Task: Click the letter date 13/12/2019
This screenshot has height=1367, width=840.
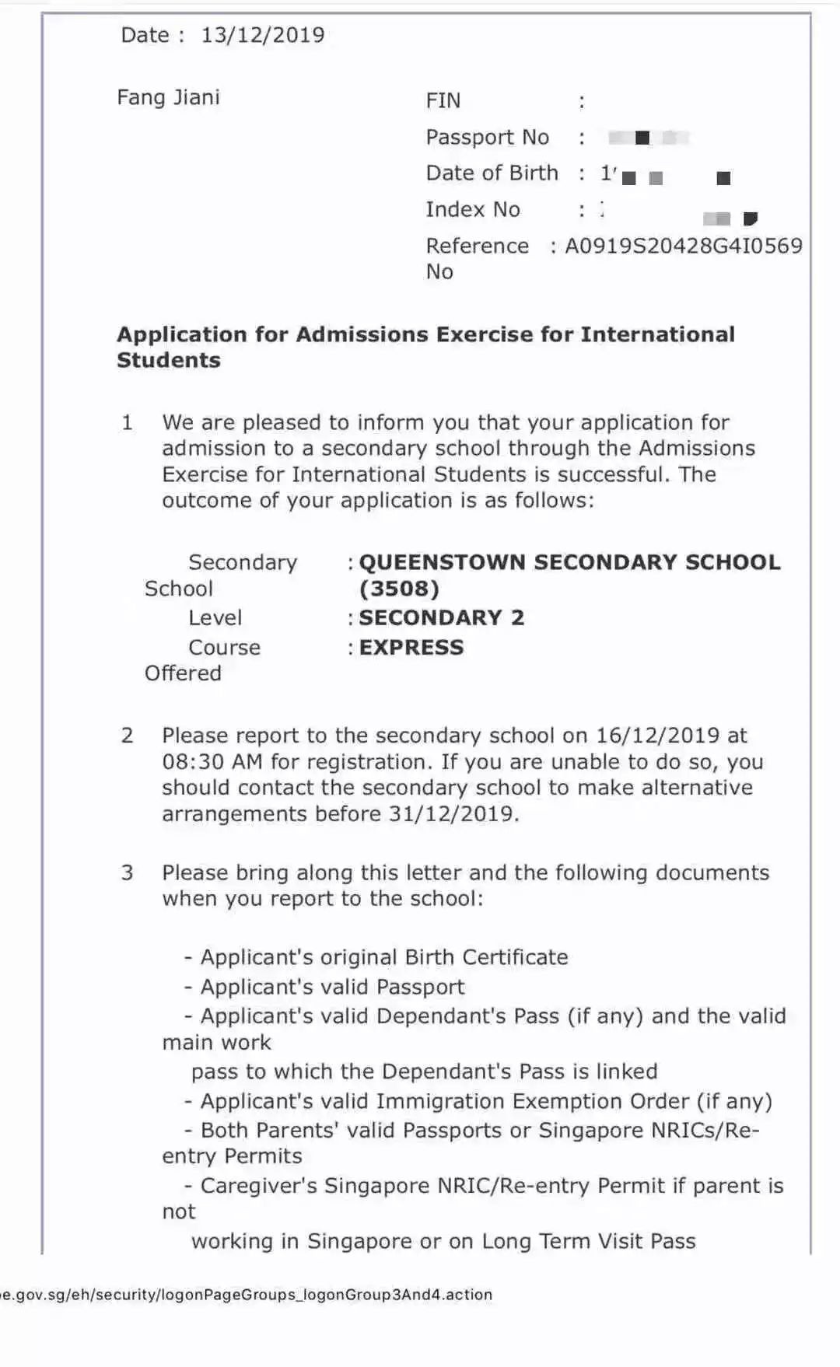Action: pos(263,35)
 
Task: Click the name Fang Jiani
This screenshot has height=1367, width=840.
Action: pos(168,97)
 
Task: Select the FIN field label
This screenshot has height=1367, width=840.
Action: pos(443,100)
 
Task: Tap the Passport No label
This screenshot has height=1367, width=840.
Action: pos(487,137)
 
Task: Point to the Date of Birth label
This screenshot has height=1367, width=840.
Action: pos(492,173)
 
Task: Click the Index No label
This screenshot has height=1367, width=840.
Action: pos(472,209)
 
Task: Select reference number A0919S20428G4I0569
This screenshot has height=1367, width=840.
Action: pos(683,246)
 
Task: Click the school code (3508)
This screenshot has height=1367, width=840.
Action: pos(399,589)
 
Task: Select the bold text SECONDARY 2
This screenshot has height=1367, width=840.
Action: pos(441,617)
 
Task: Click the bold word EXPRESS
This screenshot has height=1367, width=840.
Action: pos(411,647)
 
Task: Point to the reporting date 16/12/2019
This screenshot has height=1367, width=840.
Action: pos(657,736)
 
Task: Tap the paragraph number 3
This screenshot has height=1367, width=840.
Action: pos(128,872)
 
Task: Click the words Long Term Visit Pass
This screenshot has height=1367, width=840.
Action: pos(588,1241)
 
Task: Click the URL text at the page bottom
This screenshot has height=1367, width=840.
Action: pos(246,1295)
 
